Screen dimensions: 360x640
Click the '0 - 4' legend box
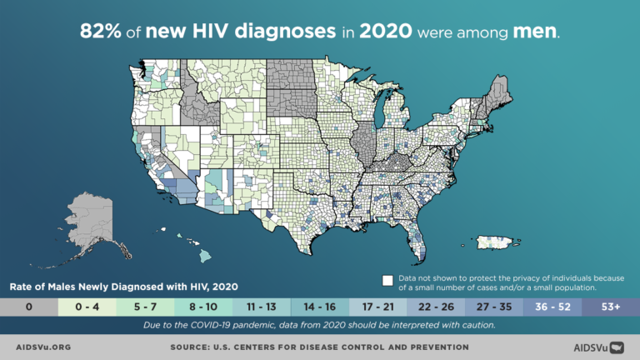click(87, 307)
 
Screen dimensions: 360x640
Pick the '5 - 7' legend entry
click(145, 307)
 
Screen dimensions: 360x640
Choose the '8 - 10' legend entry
click(203, 307)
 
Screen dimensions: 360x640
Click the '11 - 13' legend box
click(262, 307)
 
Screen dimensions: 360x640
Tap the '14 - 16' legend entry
click(320, 307)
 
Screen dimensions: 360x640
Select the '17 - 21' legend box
click(378, 307)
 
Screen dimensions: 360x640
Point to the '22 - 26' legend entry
click(437, 307)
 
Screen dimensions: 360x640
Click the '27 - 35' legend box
click(495, 307)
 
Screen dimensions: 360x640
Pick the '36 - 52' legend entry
click(553, 307)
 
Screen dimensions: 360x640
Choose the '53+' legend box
click(611, 307)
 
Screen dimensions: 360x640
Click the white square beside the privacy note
click(387, 279)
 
